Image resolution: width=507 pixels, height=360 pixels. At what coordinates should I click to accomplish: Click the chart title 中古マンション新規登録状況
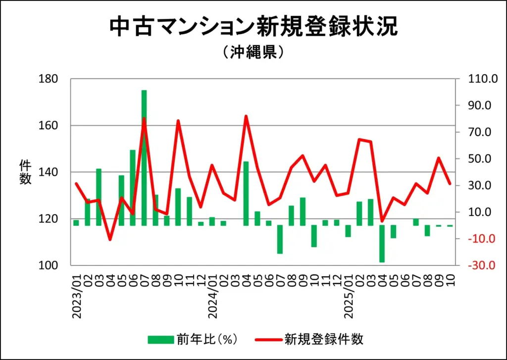[x=253, y=27]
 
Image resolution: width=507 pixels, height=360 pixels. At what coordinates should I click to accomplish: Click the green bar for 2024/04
[x=246, y=193]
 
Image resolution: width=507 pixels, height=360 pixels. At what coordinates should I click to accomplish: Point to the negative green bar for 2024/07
[x=280, y=240]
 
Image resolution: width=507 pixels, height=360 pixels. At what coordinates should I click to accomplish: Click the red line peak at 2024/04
[x=246, y=116]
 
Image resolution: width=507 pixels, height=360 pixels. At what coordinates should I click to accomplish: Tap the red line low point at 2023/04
[x=110, y=240]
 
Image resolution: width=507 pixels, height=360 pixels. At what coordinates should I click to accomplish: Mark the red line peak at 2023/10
[x=178, y=121]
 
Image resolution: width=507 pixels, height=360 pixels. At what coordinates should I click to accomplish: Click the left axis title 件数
[x=25, y=172]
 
